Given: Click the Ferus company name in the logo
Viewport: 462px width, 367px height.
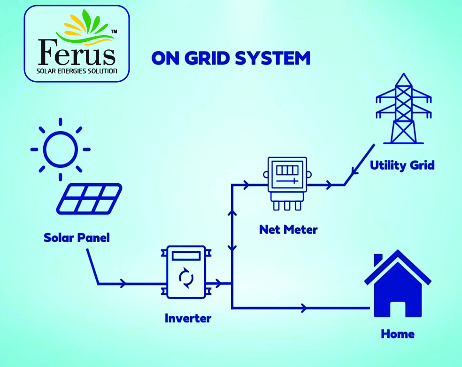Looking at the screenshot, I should pos(77,52).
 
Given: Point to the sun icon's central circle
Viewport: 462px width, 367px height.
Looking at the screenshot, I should pos(60,149).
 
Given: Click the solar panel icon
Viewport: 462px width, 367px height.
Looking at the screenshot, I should pos(89,198).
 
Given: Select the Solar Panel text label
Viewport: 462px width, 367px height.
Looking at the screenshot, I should pos(77,238).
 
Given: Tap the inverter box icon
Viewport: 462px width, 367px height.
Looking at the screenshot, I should pos(186,272).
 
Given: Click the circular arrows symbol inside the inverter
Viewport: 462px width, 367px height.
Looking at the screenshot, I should pos(186,278).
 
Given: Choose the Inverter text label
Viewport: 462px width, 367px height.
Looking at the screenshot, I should pos(188,318).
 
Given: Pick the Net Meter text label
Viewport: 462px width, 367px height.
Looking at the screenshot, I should pos(288,230).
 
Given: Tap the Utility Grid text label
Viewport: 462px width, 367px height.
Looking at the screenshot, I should pos(402,165).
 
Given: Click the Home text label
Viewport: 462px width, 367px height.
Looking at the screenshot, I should pos(398,334).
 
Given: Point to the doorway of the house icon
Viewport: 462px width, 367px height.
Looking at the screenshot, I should pos(398,307).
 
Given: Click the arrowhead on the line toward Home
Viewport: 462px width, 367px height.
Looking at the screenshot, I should pos(305,308).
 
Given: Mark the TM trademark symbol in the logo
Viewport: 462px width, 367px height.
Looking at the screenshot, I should pos(114,31).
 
